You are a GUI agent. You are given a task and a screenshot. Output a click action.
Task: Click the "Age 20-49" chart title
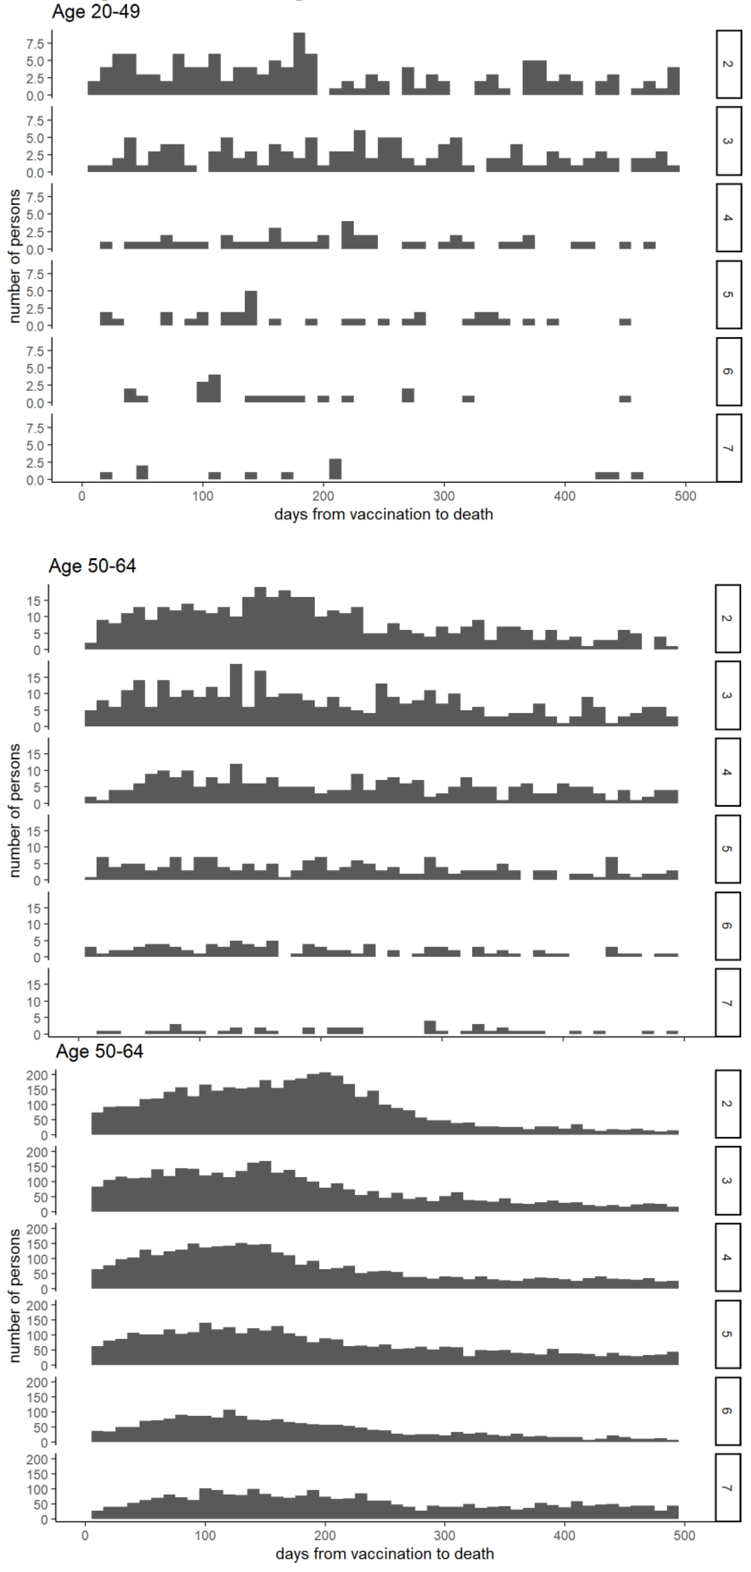coord(96,12)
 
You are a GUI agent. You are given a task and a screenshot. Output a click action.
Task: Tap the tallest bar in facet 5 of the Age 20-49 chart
coord(251,308)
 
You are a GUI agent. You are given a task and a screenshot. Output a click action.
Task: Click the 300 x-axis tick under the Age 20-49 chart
coord(444,496)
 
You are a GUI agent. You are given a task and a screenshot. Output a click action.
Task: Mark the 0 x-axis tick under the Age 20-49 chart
coord(82,496)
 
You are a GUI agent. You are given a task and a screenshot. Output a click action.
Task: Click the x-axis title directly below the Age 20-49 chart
coord(383,514)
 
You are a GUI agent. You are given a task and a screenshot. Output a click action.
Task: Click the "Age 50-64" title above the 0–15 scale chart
coord(92,566)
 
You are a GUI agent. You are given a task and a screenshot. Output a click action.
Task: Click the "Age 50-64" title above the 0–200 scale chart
coord(99,1052)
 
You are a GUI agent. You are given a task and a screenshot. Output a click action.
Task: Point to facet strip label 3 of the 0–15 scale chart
coord(728,695)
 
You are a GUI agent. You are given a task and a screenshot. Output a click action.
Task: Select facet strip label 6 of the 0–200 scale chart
coord(728,1411)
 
